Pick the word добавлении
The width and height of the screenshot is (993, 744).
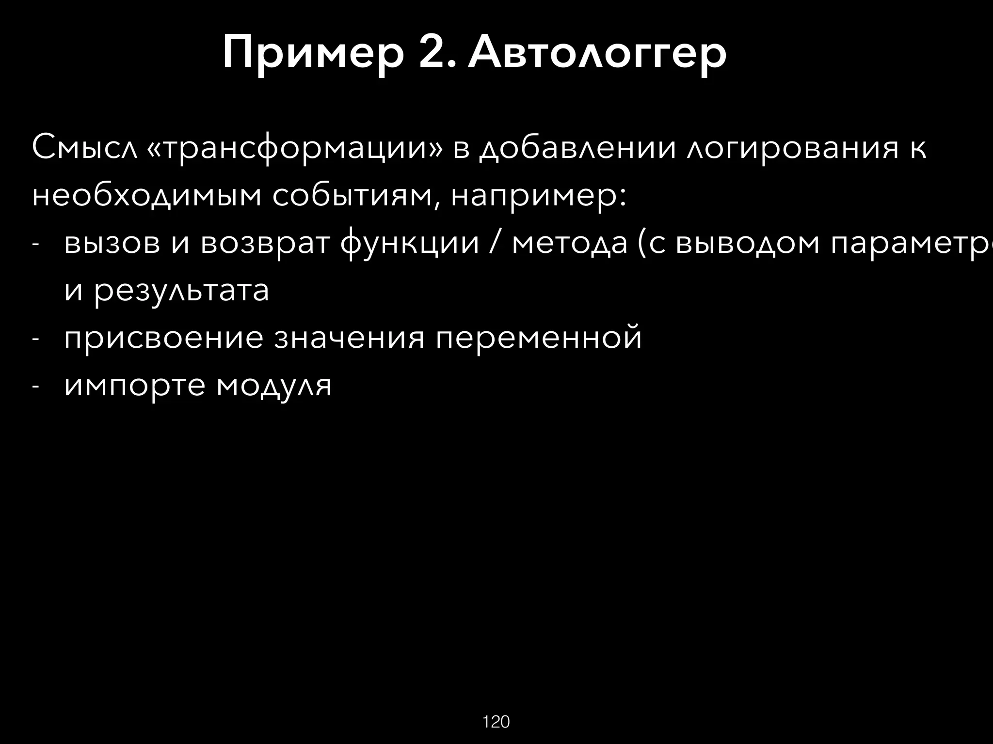[577, 148]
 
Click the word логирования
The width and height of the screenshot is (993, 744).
[793, 148]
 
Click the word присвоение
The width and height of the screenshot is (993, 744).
[164, 338]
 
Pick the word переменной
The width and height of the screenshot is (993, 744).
[539, 338]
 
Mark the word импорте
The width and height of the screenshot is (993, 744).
[135, 386]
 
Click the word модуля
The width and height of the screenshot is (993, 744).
[274, 386]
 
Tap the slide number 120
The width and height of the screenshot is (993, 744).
[496, 722]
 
